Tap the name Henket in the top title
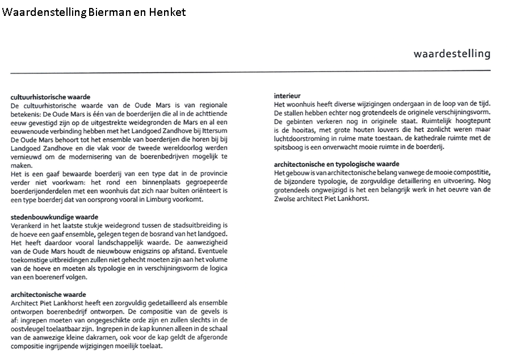pyautogui.click(x=167, y=12)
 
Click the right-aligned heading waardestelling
pyautogui.click(x=452, y=54)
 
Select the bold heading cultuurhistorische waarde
pyautogui.click(x=51, y=97)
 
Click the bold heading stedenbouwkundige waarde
pyautogui.click(x=54, y=217)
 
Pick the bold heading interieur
pyautogui.click(x=287, y=95)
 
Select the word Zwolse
pyautogui.click(x=285, y=199)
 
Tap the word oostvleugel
pyautogui.click(x=30, y=328)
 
